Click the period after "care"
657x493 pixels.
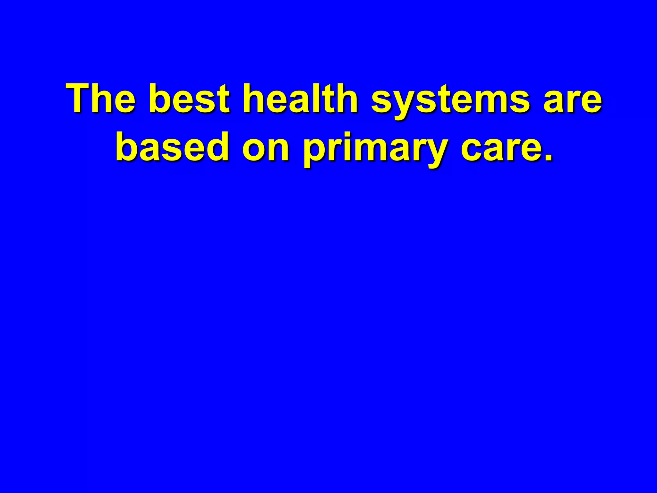(548, 157)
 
